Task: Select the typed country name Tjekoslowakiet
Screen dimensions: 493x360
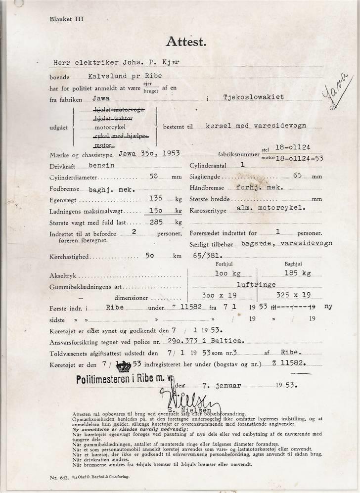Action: (x=254, y=97)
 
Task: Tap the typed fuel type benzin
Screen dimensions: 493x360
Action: (x=103, y=166)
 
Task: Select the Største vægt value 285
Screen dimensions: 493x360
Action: (x=156, y=222)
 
